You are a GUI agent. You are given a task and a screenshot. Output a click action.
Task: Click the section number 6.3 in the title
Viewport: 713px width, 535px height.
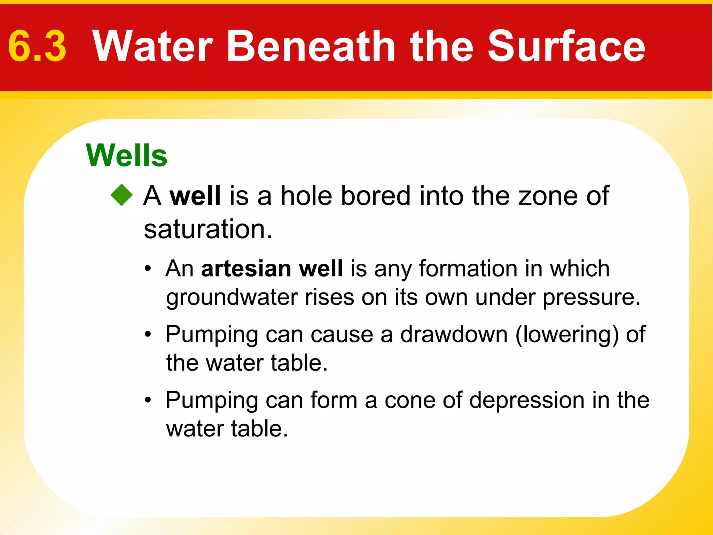click(37, 46)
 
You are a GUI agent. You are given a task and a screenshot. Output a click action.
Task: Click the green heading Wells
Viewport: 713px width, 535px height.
click(127, 155)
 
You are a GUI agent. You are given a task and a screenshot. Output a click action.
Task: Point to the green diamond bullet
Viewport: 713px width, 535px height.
click(122, 195)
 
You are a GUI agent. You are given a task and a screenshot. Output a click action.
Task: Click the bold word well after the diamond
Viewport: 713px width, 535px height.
click(195, 196)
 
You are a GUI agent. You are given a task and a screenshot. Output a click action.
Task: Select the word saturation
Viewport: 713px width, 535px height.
click(208, 229)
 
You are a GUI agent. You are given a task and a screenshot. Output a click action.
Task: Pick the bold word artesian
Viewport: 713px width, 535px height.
click(246, 269)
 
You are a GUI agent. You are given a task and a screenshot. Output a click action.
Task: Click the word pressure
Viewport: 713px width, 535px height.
click(591, 298)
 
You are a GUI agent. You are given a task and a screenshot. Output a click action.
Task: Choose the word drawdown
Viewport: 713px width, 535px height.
click(454, 334)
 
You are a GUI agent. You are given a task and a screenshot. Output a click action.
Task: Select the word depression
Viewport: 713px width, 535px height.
click(527, 401)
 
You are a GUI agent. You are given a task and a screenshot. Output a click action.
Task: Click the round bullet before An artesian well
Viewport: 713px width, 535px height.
click(148, 269)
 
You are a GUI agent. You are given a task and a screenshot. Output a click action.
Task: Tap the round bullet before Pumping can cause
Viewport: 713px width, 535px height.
click(148, 334)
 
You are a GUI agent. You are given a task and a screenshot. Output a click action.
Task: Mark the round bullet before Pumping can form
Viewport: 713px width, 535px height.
click(148, 400)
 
